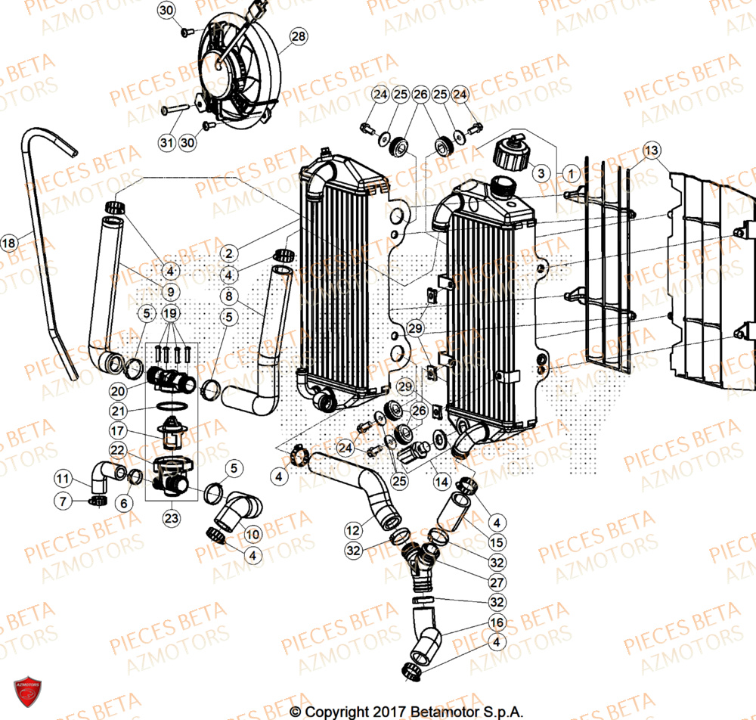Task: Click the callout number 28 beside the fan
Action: pyautogui.click(x=299, y=36)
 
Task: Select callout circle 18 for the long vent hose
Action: pyautogui.click(x=9, y=243)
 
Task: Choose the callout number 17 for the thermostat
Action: pyautogui.click(x=118, y=431)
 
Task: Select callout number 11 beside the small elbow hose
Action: pyautogui.click(x=63, y=478)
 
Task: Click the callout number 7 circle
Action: pyautogui.click(x=63, y=501)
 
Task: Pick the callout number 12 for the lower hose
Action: pyautogui.click(x=352, y=528)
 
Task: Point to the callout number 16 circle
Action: pyautogui.click(x=496, y=622)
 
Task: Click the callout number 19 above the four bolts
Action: pyautogui.click(x=171, y=313)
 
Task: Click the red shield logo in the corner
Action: pyautogui.click(x=23, y=693)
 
